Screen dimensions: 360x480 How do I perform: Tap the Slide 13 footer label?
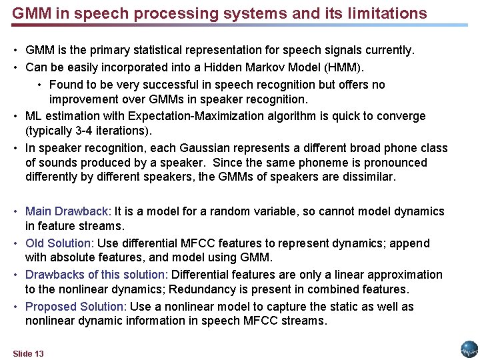pos(28,353)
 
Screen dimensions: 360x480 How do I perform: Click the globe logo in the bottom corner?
pos(469,349)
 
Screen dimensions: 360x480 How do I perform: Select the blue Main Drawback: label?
pos(69,211)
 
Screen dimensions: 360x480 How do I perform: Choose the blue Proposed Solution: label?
pos(76,307)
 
